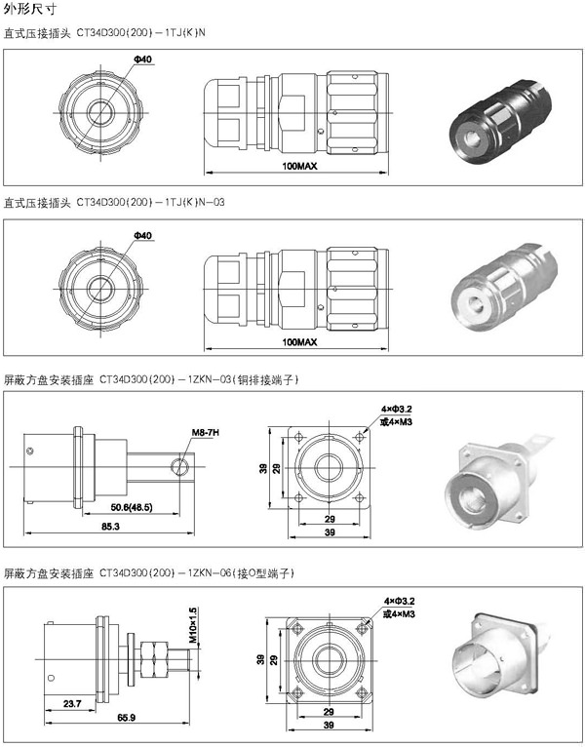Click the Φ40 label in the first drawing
click(142, 59)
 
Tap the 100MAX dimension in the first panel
click(299, 166)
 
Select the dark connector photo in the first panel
click(500, 123)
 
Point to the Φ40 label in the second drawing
click(142, 236)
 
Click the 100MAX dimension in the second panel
click(299, 342)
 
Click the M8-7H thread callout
click(206, 433)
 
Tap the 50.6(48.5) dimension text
click(132, 507)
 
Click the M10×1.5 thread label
click(192, 625)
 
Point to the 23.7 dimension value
click(72, 703)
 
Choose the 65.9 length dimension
click(126, 718)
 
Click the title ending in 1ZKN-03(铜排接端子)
click(151, 380)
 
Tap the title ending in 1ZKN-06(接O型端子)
click(149, 573)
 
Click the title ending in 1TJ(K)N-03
click(114, 203)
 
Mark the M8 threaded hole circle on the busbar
click(179, 467)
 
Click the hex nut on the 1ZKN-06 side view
click(154, 659)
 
